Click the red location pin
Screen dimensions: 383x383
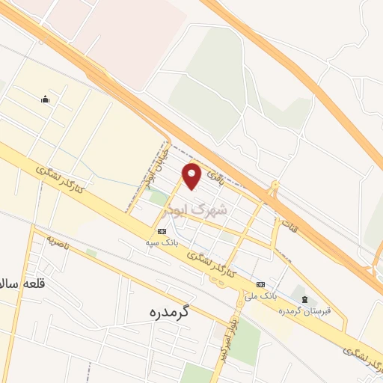[192, 176]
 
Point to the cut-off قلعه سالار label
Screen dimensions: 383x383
[17, 284]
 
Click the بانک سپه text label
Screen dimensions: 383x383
[162, 242]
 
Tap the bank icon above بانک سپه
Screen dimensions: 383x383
[162, 231]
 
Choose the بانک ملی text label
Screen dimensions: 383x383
[257, 295]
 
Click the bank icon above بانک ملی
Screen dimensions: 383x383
[260, 284]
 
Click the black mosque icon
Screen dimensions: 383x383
[45, 99]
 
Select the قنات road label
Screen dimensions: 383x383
[289, 222]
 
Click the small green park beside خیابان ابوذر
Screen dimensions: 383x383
[159, 198]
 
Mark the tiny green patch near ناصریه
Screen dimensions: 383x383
[91, 254]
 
